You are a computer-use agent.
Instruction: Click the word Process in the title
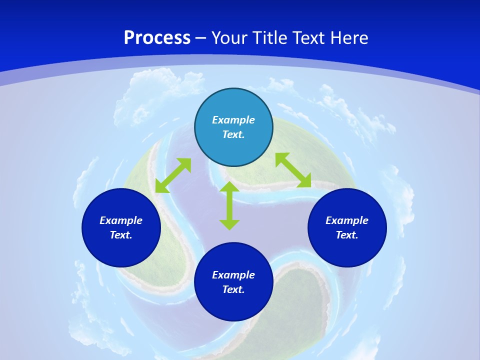[157, 38]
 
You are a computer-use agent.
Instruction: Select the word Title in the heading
[270, 38]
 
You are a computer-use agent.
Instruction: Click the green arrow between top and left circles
[173, 175]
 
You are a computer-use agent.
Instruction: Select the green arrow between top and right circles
[293, 170]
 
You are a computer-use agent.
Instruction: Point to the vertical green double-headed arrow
[229, 205]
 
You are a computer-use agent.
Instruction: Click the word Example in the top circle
[233, 120]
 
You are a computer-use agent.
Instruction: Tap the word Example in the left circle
[121, 220]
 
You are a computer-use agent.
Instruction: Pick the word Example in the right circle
[347, 220]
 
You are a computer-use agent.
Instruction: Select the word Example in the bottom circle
[233, 275]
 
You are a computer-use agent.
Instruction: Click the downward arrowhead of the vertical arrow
[229, 224]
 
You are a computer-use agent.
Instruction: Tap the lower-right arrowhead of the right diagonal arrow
[305, 181]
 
